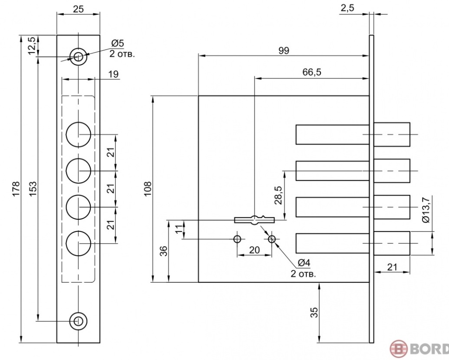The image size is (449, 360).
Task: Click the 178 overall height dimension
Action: click(x=16, y=186)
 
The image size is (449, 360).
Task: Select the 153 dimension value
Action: click(x=32, y=186)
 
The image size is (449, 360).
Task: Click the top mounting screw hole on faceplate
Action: click(x=79, y=57)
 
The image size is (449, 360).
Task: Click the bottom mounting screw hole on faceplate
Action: click(x=79, y=321)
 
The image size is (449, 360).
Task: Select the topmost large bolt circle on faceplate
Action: click(x=79, y=134)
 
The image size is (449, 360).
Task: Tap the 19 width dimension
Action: click(x=113, y=74)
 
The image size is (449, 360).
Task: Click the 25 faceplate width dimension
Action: click(x=78, y=8)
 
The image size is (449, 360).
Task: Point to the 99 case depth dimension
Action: click(x=283, y=51)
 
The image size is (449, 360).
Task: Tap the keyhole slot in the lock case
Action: click(x=254, y=220)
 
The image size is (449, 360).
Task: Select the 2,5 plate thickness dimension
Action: click(x=347, y=8)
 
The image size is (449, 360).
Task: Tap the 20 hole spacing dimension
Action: click(x=254, y=250)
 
